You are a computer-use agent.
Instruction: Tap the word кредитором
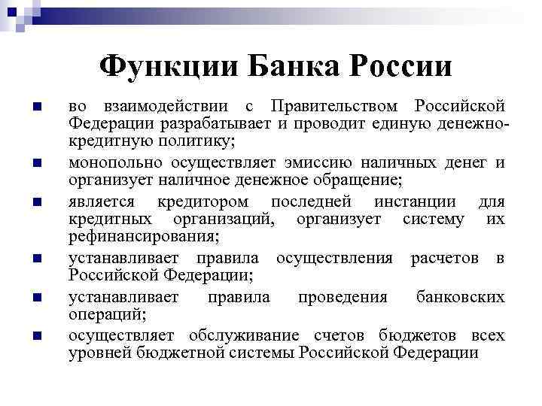coord(206,201)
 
